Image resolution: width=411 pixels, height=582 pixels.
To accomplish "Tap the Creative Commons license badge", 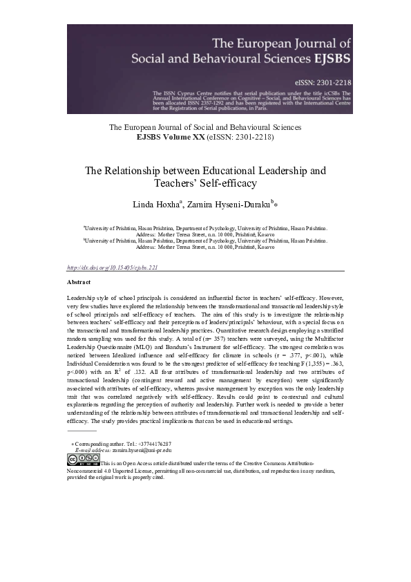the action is click(83, 458).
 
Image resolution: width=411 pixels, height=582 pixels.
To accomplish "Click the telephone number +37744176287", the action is click(151, 443).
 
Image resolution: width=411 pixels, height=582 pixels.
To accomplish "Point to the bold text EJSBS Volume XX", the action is click(166, 137).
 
